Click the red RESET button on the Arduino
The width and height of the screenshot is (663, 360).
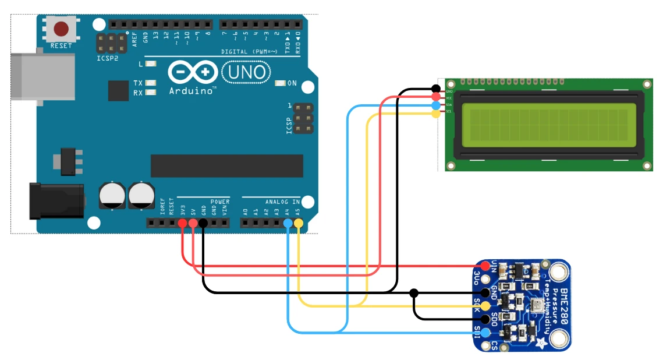click(61, 29)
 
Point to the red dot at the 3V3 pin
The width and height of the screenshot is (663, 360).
click(183, 223)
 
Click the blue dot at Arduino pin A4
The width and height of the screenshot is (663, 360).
click(288, 223)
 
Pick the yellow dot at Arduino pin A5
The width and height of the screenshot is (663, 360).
click(298, 223)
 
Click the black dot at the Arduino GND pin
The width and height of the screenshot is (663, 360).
click(203, 223)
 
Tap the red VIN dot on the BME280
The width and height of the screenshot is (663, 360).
click(484, 266)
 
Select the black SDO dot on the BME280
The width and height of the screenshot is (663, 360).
click(484, 319)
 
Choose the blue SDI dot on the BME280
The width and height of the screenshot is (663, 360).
click(484, 333)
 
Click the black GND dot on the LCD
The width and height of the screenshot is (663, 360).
click(436, 88)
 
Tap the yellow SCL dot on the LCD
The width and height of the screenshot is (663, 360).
click(436, 114)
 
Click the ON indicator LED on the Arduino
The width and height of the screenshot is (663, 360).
click(281, 83)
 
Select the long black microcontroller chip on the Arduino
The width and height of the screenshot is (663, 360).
click(227, 165)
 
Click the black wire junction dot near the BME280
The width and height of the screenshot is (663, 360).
click(414, 292)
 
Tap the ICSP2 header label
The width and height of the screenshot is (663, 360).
click(107, 59)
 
